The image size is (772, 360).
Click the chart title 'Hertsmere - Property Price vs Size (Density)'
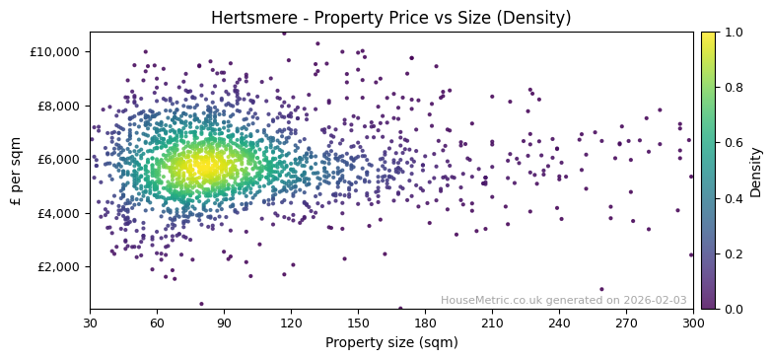pyautogui.click(x=390, y=18)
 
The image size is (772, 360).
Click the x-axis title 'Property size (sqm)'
pyautogui.click(x=390, y=342)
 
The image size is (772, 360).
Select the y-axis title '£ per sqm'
pyautogui.click(x=17, y=171)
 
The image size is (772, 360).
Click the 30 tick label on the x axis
pyautogui.click(x=90, y=323)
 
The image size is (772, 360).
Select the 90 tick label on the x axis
pyautogui.click(x=224, y=323)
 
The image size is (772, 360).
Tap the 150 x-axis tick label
pyautogui.click(x=358, y=323)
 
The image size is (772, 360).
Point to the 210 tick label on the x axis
pyautogui.click(x=492, y=323)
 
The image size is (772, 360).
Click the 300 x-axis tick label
pyautogui.click(x=693, y=323)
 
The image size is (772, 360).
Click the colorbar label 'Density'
pyautogui.click(x=756, y=171)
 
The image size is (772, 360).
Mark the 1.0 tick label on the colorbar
pyautogui.click(x=734, y=33)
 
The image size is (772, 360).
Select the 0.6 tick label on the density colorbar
pyautogui.click(x=734, y=143)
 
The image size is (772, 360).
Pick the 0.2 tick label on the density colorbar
pyautogui.click(x=734, y=253)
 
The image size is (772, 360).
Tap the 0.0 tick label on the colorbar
pyautogui.click(x=734, y=309)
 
